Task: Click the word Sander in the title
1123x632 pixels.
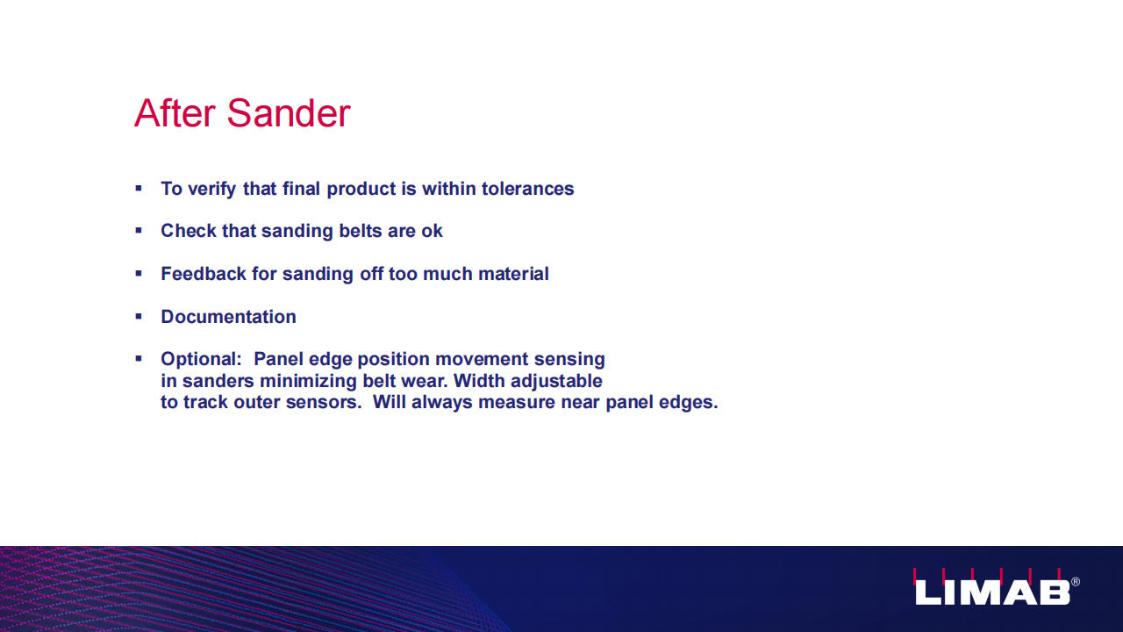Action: [289, 113]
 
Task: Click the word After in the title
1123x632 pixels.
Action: [175, 113]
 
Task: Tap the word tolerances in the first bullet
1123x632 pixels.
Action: [527, 189]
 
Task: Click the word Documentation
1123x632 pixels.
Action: [229, 317]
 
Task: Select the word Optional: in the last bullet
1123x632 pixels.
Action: [201, 359]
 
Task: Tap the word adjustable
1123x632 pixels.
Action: [556, 381]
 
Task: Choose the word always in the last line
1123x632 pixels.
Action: [441, 402]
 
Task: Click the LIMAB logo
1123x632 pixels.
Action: [992, 587]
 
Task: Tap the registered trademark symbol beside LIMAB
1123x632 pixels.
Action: [1076, 582]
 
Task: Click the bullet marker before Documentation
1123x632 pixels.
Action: [139, 317]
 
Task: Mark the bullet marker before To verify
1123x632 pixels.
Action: [139, 189]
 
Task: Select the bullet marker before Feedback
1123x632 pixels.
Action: [139, 273]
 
